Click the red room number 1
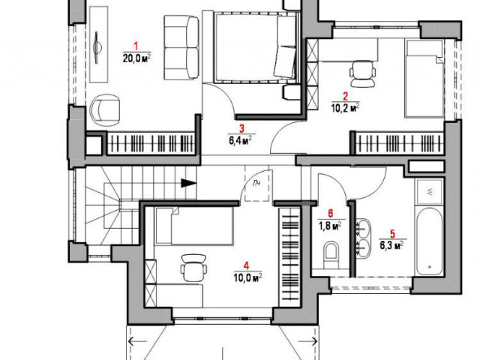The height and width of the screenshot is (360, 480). click(136, 46)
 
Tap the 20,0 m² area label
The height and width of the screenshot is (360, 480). click(136, 58)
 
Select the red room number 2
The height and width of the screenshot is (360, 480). click(345, 97)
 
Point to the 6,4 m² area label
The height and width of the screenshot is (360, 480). click(241, 140)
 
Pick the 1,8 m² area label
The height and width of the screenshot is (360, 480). click(330, 226)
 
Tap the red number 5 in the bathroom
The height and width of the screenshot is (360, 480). click(392, 234)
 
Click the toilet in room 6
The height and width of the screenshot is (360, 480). click(331, 254)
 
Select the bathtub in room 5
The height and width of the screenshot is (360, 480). click(429, 241)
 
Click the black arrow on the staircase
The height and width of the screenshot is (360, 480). click(188, 183)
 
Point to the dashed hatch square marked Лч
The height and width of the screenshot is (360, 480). click(257, 184)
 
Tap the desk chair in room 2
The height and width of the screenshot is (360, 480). click(363, 73)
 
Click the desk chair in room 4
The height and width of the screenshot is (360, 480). click(193, 267)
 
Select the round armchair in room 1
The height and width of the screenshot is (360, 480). click(105, 109)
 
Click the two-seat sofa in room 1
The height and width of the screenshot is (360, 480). click(181, 48)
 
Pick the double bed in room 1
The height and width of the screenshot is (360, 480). click(255, 47)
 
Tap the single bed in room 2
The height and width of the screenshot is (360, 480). click(424, 78)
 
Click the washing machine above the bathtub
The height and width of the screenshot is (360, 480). click(429, 192)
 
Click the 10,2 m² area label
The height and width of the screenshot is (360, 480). click(346, 108)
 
